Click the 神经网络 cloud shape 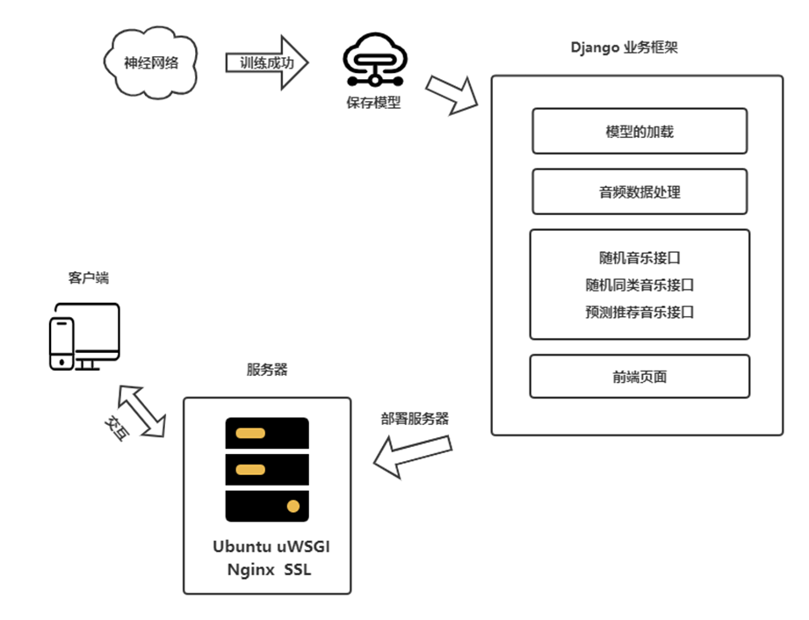coord(150,63)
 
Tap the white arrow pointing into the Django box coord(452,95)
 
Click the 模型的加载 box coord(639,132)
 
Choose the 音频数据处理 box coord(639,192)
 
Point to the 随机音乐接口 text coord(639,258)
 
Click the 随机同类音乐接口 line coord(639,285)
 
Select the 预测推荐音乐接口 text coord(639,312)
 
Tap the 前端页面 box coord(639,377)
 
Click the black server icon coord(267,469)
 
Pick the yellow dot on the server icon coord(293,506)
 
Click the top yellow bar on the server coord(250,433)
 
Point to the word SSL coord(298,569)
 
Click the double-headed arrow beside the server coord(142,411)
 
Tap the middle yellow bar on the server coord(250,470)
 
